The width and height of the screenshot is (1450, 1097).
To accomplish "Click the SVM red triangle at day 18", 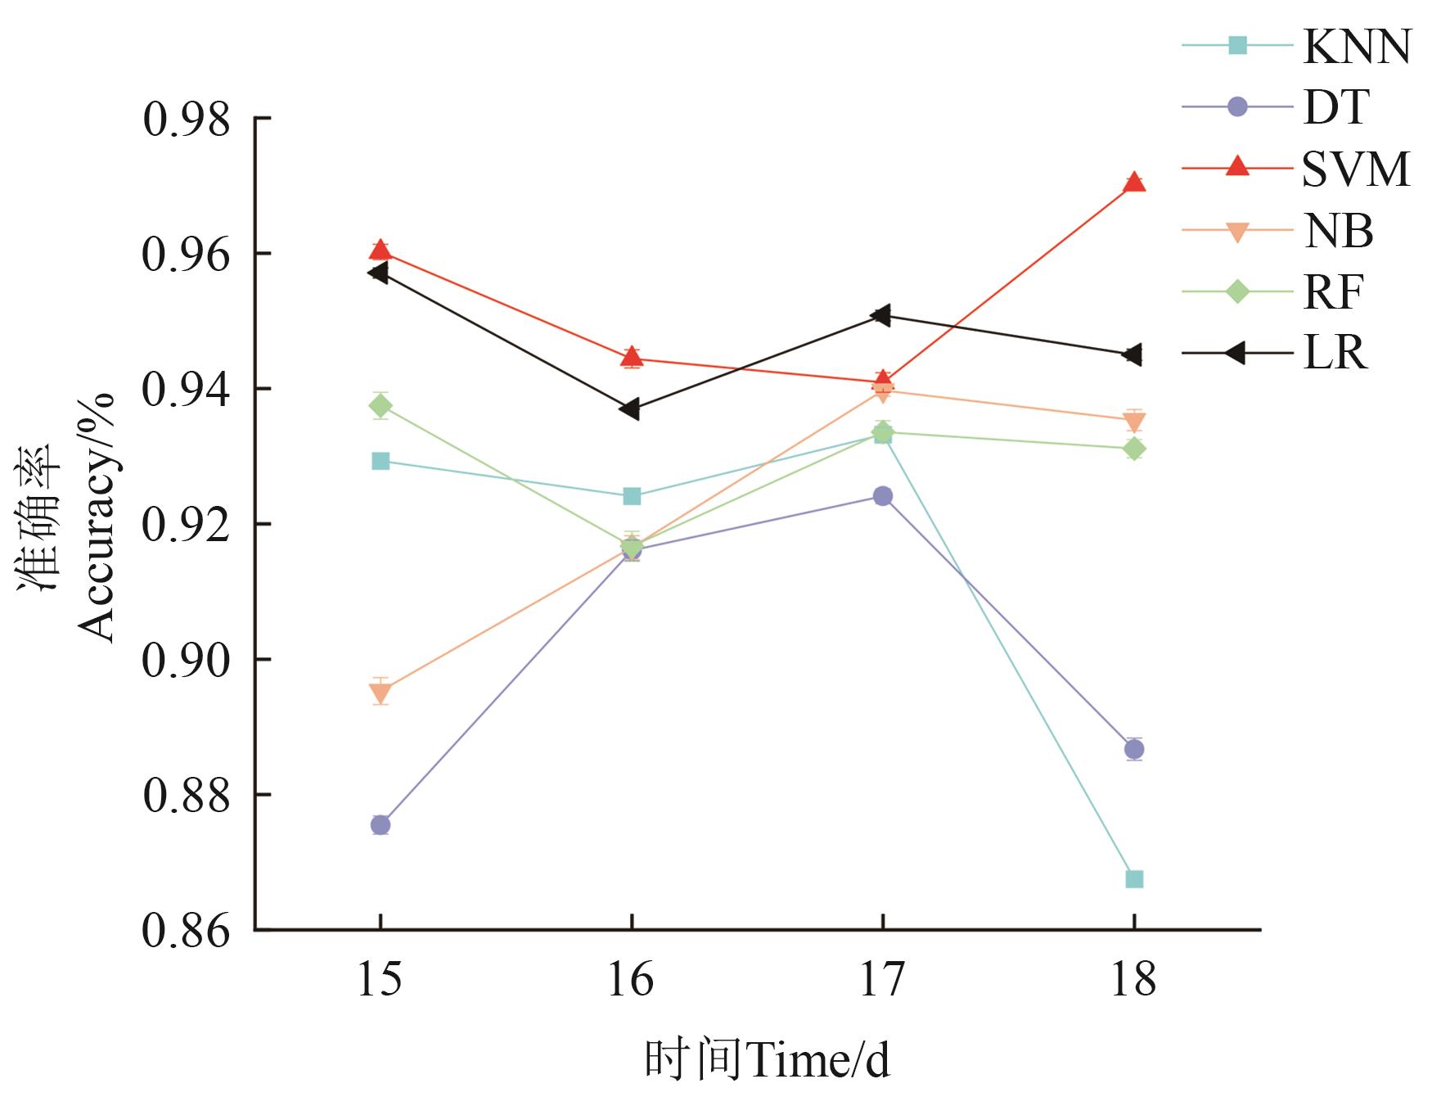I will click(1133, 182).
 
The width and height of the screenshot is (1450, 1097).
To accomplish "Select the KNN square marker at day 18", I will click(1133, 879).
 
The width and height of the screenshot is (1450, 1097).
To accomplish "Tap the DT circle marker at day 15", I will click(381, 824).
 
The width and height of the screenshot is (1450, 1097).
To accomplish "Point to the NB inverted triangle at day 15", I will click(381, 693).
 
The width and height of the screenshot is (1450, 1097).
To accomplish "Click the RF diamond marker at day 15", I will click(381, 405).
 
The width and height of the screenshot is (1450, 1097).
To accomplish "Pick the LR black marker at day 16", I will click(630, 409).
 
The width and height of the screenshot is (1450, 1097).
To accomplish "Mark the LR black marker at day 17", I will click(881, 315).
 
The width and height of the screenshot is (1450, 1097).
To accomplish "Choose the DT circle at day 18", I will click(1133, 748).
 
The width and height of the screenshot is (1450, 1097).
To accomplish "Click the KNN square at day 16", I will click(632, 496).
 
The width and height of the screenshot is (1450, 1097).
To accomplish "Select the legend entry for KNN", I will click(1357, 46).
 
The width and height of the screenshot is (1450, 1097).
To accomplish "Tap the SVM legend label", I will click(1356, 169).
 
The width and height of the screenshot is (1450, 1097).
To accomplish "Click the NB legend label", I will click(1338, 231).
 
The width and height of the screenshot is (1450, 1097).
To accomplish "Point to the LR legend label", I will click(1335, 354).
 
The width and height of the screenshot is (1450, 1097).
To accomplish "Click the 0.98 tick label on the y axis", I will click(187, 120).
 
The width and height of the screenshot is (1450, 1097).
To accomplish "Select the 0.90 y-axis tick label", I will click(187, 660).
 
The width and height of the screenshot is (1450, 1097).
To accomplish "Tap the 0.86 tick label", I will click(187, 930).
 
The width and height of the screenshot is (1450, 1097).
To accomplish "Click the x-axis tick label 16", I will click(631, 979).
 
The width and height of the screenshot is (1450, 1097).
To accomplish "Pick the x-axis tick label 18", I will click(1133, 979).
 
